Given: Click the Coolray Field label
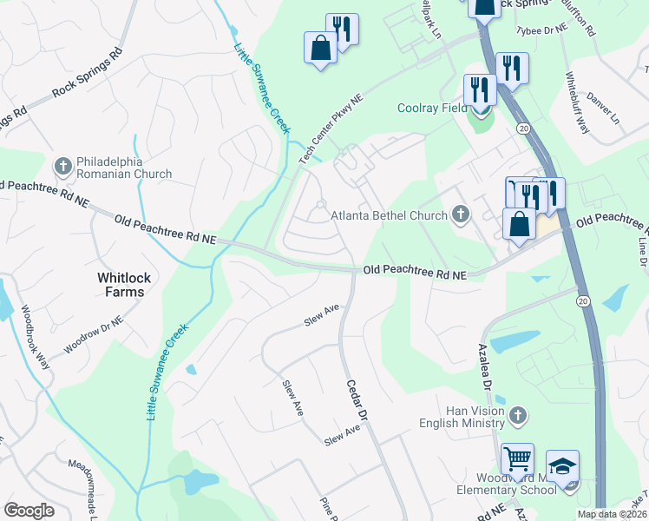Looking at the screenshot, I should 432,109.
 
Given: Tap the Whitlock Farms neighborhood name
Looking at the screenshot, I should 121,285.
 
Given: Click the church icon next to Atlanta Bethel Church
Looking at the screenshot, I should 461,214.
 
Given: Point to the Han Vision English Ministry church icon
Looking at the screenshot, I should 518,412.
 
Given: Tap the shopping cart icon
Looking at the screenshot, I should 517,458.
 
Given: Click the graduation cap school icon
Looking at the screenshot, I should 562,466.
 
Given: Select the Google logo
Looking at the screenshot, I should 29,511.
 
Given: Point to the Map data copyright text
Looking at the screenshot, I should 613,514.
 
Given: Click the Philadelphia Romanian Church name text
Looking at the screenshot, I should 124,168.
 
